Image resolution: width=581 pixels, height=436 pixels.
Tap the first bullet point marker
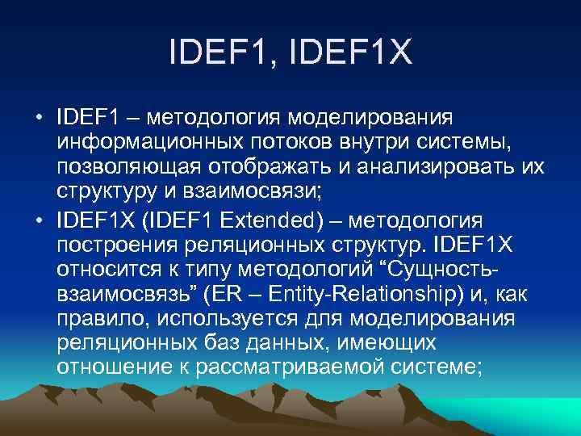coord(38,119)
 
